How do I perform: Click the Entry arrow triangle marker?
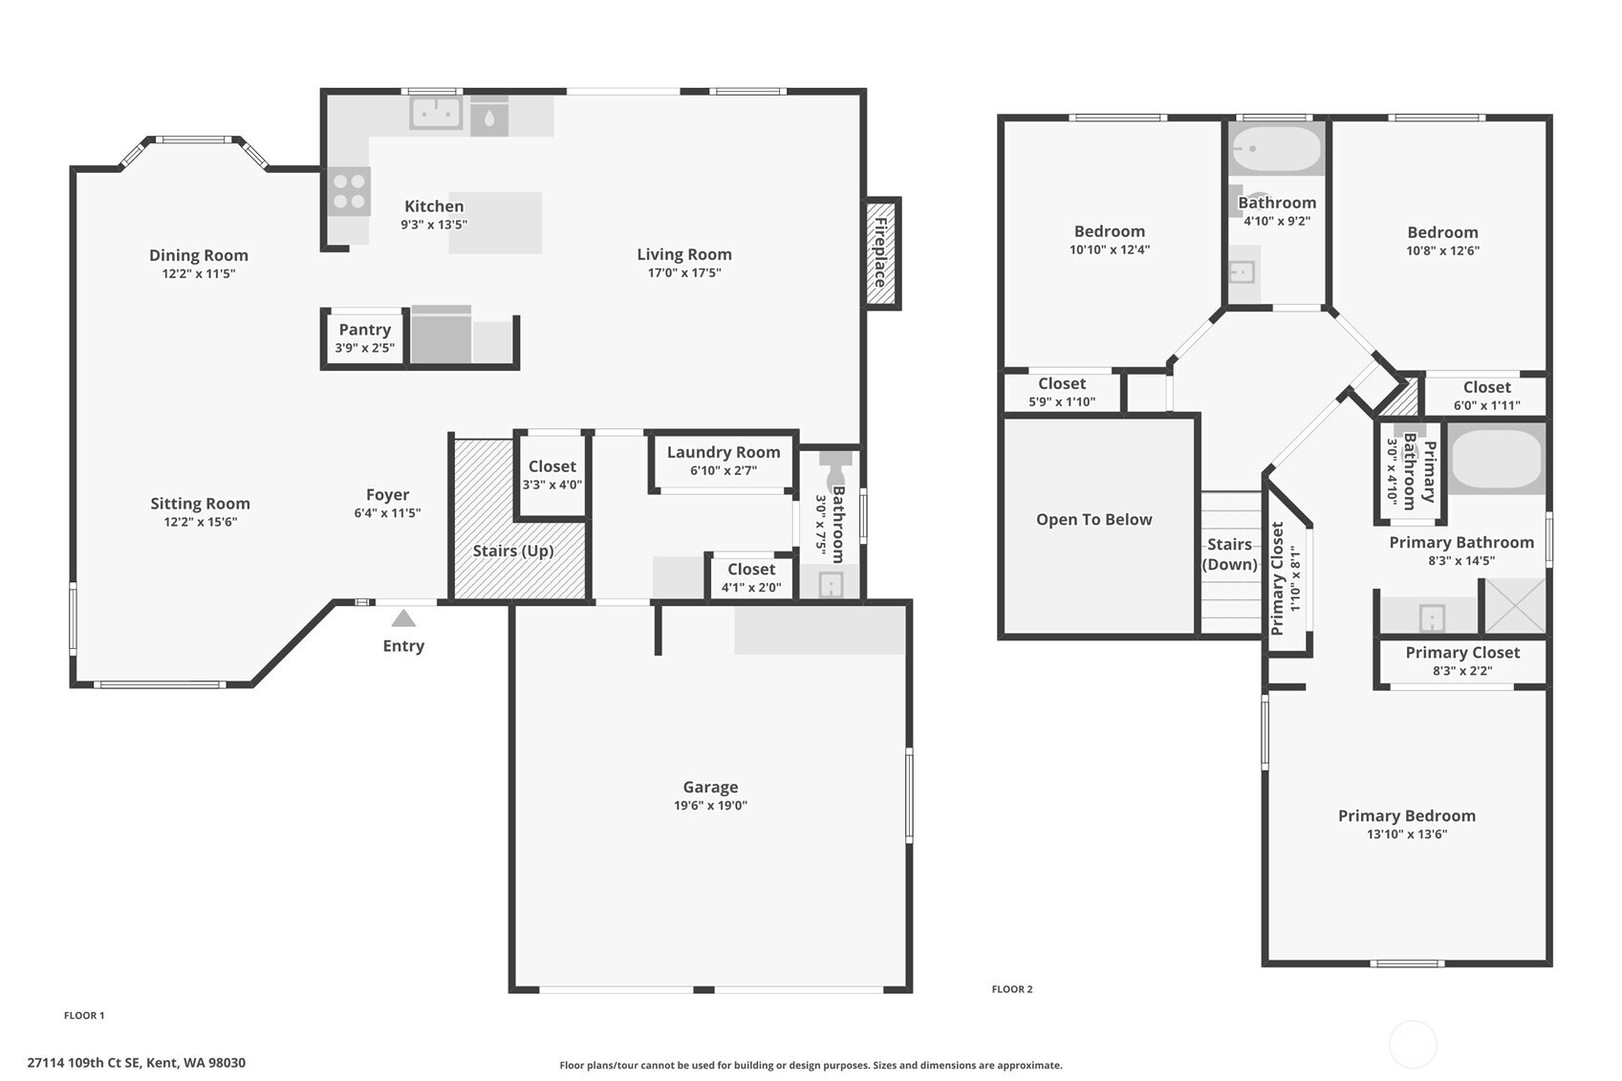point(403,618)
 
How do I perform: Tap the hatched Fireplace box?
point(883,253)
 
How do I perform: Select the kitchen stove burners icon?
point(349,191)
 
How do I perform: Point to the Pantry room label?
point(365,330)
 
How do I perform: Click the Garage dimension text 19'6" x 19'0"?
point(710,805)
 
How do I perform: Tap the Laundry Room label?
point(724,452)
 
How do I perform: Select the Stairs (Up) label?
point(513,551)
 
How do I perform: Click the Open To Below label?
point(1093,520)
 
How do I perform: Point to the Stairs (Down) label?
point(1229,554)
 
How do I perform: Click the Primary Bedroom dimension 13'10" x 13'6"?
point(1407,834)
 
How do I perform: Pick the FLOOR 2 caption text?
point(1012,989)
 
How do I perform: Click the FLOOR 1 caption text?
point(84,1016)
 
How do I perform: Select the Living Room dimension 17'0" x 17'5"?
point(684,273)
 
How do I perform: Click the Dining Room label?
point(199,255)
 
